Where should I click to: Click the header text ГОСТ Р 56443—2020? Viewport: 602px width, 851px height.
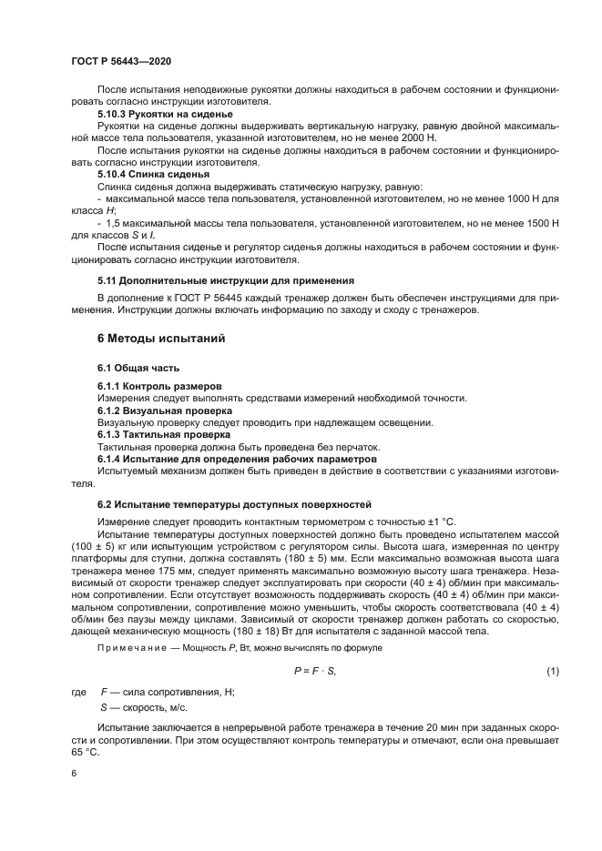pos(121,60)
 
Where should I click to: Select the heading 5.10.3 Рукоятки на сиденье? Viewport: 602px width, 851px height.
pos(165,115)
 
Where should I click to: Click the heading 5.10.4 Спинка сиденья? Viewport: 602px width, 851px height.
pos(153,173)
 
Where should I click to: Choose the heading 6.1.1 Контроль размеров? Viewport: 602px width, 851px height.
pos(158,386)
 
